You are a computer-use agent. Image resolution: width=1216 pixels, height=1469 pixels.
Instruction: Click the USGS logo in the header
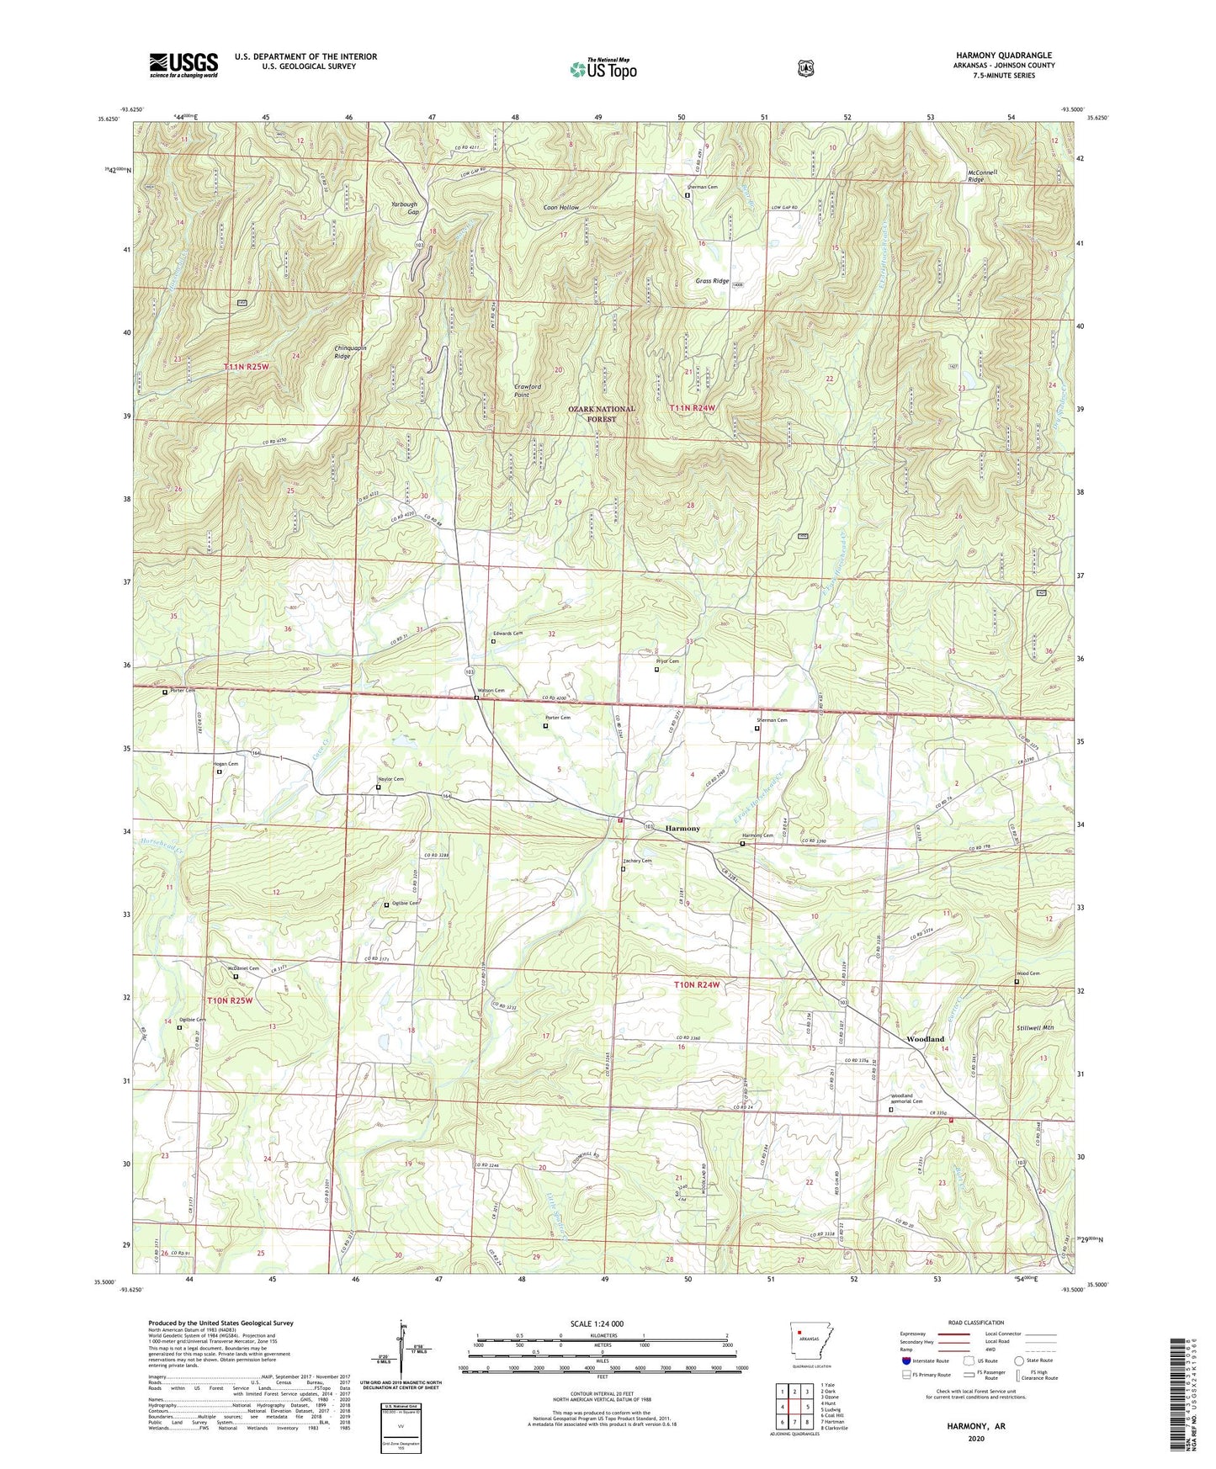pyautogui.click(x=183, y=65)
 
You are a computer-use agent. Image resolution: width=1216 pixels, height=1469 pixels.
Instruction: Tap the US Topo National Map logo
pyautogui.click(x=603, y=68)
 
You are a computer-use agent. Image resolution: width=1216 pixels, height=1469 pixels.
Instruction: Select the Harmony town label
pyautogui.click(x=682, y=829)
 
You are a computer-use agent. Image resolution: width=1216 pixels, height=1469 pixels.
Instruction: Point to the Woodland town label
pyautogui.click(x=925, y=1040)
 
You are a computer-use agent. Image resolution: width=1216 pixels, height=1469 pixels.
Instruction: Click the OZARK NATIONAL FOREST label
pyautogui.click(x=601, y=414)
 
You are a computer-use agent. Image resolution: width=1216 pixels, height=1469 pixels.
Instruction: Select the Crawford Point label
pyautogui.click(x=527, y=391)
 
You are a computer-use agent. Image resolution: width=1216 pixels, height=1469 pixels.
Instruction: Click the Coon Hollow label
pyautogui.click(x=561, y=207)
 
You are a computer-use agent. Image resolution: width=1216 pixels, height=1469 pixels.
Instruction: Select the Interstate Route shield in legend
pyautogui.click(x=905, y=1360)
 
